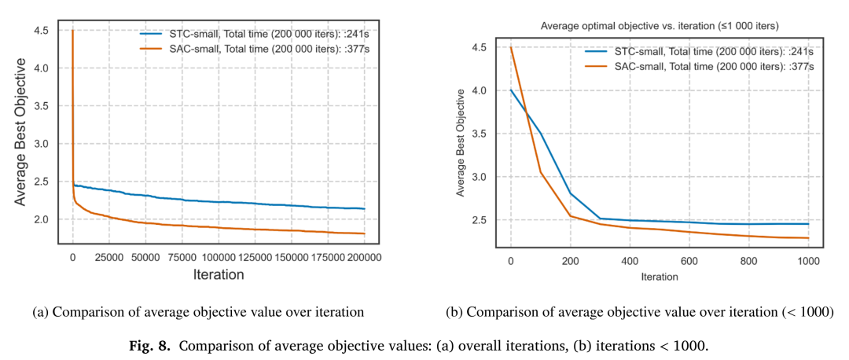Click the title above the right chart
pos(659,26)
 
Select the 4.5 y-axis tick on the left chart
pos(47,31)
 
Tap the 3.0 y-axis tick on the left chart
pos(47,144)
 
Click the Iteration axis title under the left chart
pos(219,274)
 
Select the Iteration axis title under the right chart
pos(659,277)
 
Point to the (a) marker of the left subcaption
pos(39,312)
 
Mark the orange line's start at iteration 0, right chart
pos(511,47)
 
